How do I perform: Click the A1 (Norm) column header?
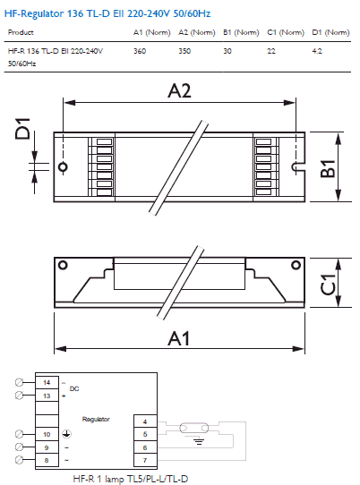(152, 32)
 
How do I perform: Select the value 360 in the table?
(140, 51)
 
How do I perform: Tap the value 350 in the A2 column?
(184, 51)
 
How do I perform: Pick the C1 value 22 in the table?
(271, 51)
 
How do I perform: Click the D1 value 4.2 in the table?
(317, 51)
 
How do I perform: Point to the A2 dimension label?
(179, 91)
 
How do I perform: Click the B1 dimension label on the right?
(328, 168)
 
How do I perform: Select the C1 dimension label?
(328, 285)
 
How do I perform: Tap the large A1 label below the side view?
(178, 338)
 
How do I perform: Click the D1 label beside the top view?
(22, 128)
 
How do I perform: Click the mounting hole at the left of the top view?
(63, 167)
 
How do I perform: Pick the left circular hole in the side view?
(63, 265)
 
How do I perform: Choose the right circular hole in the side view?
(296, 265)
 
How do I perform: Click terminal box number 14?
(47, 382)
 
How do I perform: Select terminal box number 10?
(47, 434)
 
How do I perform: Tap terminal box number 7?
(145, 460)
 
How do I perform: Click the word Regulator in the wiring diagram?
(96, 420)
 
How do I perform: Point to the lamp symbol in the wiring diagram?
(193, 429)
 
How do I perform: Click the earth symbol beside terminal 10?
(66, 434)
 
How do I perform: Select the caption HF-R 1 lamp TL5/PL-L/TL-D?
(131, 479)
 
